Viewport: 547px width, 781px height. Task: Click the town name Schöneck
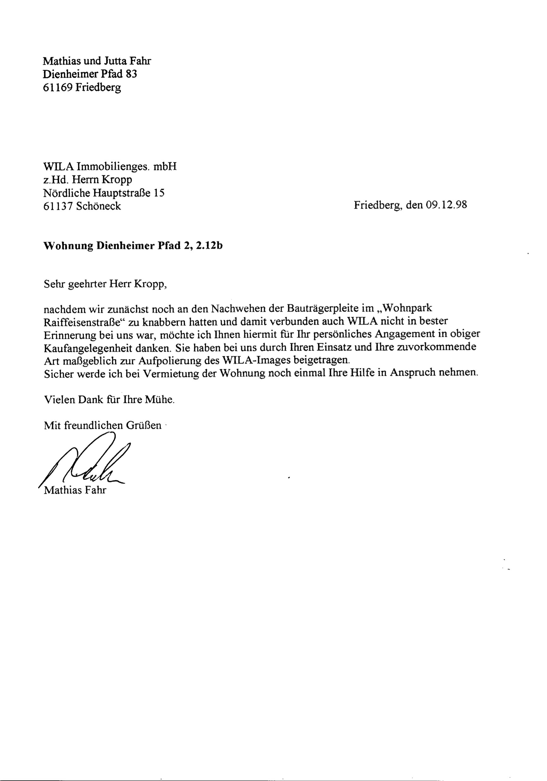click(98, 206)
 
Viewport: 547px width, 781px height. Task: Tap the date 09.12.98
click(446, 205)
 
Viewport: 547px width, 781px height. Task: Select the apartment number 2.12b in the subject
click(208, 246)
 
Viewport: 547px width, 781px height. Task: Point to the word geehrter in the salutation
click(87, 284)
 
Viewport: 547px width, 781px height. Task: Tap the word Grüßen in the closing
click(144, 425)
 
